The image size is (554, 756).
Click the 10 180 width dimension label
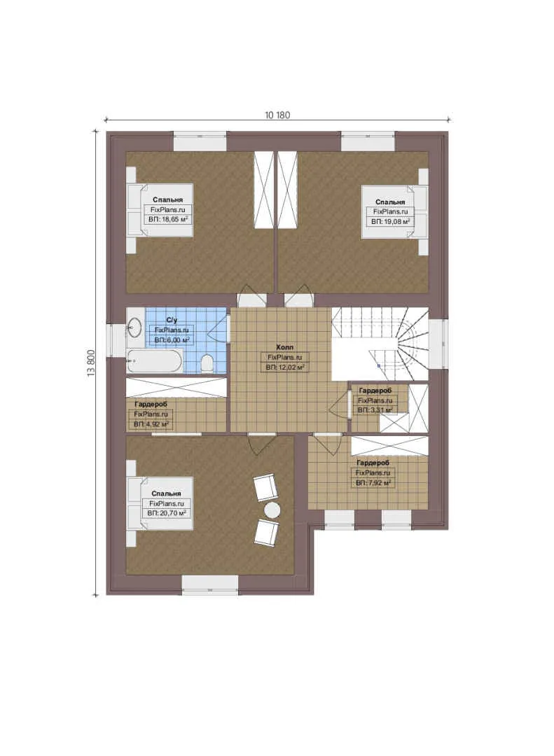click(277, 115)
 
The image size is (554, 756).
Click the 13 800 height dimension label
click(91, 363)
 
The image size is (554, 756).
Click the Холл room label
click(284, 347)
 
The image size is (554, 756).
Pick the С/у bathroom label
click(172, 320)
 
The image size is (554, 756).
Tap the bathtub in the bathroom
click(155, 361)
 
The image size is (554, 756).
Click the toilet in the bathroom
click(207, 363)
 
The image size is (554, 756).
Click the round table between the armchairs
click(272, 510)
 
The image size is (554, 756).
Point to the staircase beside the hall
click(380, 344)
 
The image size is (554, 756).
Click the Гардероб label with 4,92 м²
click(151, 405)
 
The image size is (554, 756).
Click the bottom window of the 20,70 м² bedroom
click(210, 584)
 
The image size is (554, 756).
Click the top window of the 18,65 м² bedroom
click(200, 141)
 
